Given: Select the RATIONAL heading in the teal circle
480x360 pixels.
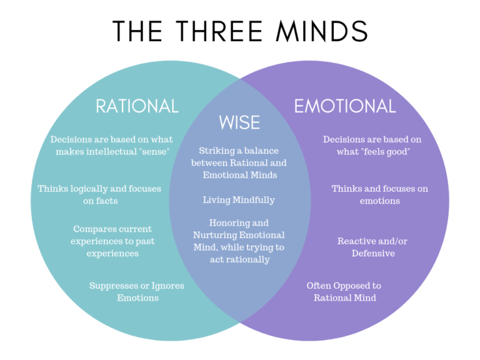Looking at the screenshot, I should [137, 106].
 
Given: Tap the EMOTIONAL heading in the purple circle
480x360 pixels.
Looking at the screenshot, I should [345, 106].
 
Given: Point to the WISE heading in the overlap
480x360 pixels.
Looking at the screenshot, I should [239, 122].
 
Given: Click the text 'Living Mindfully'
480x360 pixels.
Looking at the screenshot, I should [239, 200].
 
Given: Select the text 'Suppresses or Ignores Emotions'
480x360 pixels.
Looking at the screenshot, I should [137, 292].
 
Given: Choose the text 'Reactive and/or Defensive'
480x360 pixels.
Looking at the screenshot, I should [372, 247].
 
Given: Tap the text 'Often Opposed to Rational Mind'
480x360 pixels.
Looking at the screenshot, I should [344, 292].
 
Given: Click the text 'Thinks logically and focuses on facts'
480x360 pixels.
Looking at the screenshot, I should [99, 194].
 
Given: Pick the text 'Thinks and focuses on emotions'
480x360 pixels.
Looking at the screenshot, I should [379, 194].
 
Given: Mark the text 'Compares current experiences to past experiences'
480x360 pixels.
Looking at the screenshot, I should [112, 241].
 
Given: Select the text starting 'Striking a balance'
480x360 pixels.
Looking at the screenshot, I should [239, 163].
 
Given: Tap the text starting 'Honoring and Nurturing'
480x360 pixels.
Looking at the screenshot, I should [239, 241].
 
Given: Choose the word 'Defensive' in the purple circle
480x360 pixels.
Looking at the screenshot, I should [373, 253].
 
